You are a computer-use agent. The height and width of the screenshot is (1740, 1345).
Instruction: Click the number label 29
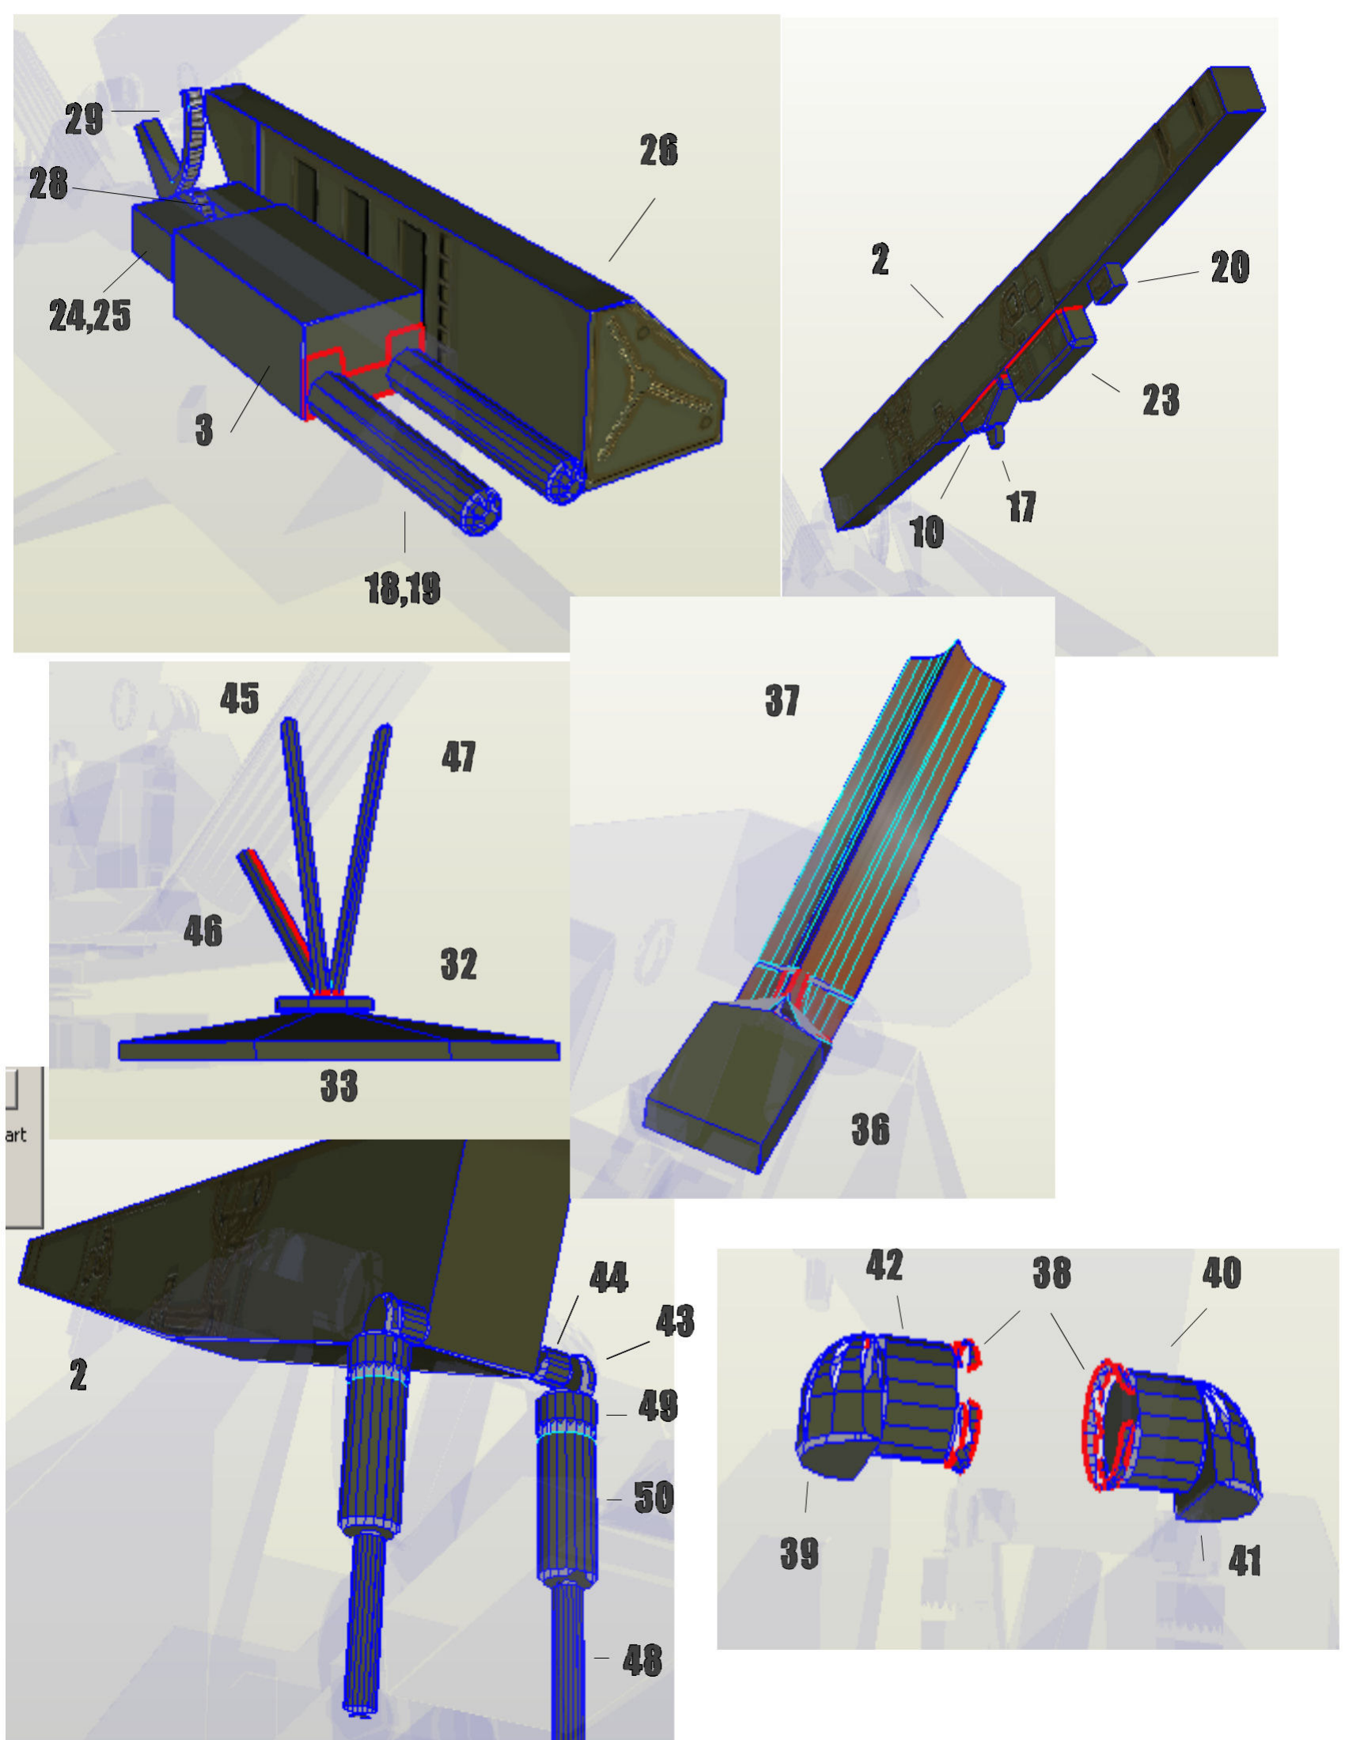[85, 119]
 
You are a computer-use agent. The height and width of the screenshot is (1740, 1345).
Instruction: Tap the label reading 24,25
[90, 316]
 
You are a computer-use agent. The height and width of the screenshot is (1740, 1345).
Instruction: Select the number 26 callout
[658, 150]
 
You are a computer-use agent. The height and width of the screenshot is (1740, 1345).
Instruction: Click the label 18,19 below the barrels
[403, 588]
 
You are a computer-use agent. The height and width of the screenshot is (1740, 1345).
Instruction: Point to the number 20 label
[1229, 267]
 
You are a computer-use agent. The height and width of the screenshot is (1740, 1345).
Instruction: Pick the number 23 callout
[1161, 399]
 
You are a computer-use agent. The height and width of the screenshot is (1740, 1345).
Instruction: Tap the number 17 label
[1021, 507]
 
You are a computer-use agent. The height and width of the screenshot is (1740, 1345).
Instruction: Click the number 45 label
[240, 698]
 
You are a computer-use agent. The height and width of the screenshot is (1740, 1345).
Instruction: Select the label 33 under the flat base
[339, 1086]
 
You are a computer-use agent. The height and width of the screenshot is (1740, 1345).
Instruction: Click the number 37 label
[782, 700]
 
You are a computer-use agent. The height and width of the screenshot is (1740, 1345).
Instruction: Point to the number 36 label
[870, 1129]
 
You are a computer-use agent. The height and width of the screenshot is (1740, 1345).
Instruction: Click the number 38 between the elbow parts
[1051, 1273]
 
